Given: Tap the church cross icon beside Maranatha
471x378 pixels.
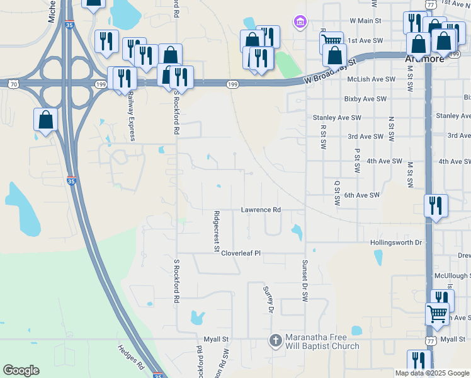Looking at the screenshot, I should click(x=275, y=341).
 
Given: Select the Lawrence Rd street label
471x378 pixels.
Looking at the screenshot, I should click(x=260, y=210).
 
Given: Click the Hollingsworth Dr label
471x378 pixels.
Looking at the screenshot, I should click(x=395, y=243).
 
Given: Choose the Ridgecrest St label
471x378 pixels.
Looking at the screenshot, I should click(x=216, y=231).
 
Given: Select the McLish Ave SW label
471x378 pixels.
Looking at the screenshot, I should click(x=372, y=79).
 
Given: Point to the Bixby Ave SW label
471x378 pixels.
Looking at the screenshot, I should click(x=365, y=99).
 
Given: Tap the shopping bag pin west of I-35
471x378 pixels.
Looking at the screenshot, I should click(x=45, y=120).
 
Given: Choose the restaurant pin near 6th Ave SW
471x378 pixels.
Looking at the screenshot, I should click(x=436, y=205).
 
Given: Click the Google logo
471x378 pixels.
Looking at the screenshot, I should click(x=21, y=370).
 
